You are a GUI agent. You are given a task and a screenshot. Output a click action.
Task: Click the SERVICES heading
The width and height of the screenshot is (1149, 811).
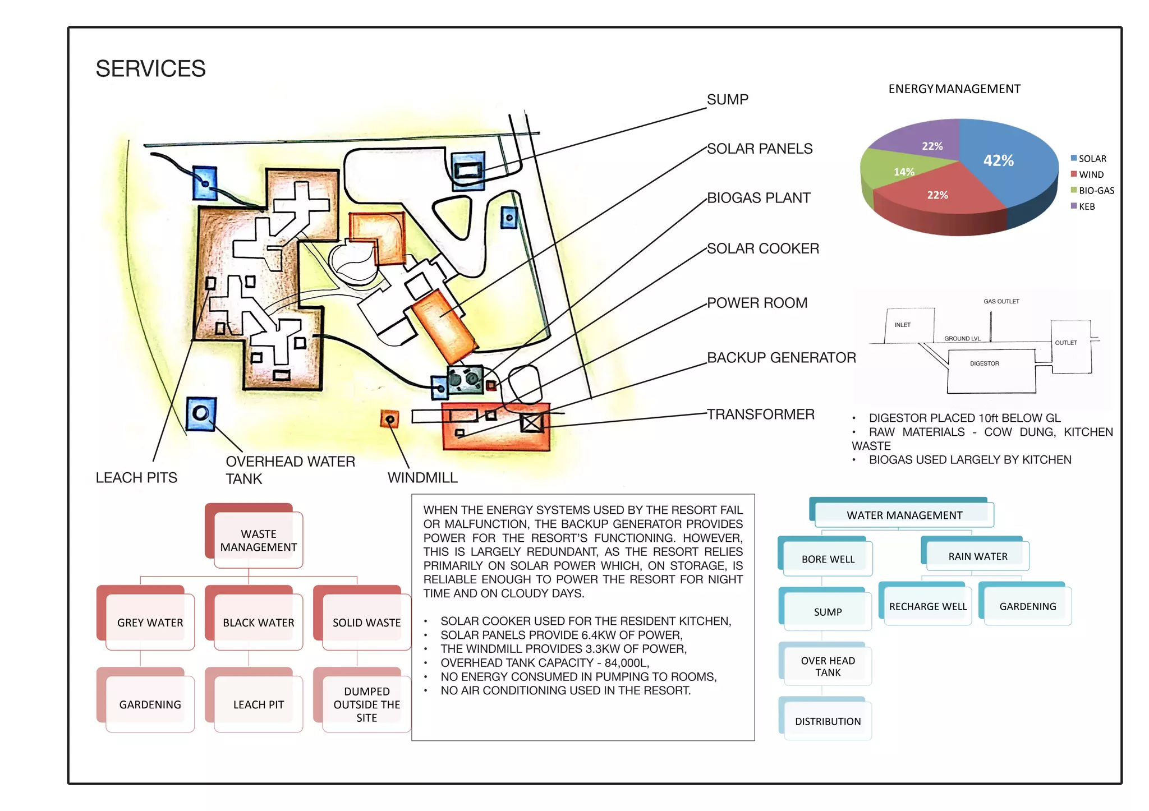(x=150, y=69)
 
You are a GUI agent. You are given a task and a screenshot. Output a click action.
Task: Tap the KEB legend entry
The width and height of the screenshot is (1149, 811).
(x=1086, y=206)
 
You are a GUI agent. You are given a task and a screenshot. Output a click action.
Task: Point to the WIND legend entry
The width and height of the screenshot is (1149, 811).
(x=1091, y=174)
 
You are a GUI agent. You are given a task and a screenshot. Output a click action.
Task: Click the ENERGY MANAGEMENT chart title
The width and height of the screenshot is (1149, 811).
(x=954, y=89)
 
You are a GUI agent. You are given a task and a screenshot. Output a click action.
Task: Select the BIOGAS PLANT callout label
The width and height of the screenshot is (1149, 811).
(x=758, y=198)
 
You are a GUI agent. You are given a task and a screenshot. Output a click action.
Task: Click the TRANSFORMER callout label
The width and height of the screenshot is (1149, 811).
(x=760, y=414)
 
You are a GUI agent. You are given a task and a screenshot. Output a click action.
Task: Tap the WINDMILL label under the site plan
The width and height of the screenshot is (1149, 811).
(x=422, y=478)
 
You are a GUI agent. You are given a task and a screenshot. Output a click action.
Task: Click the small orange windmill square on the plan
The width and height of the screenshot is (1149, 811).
(x=390, y=419)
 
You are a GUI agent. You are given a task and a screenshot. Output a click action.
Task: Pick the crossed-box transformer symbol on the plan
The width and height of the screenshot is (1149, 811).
(x=531, y=422)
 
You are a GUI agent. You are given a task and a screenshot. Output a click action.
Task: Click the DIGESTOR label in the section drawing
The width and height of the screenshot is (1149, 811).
(x=984, y=363)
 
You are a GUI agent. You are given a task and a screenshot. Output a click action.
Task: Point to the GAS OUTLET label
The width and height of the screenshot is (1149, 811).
(x=1001, y=301)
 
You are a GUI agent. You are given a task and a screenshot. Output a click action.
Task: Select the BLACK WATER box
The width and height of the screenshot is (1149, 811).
(x=258, y=622)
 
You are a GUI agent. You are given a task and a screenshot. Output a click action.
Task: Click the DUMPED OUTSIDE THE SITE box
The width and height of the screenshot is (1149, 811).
(x=366, y=704)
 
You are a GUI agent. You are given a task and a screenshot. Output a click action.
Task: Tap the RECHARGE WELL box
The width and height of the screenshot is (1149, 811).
(x=927, y=606)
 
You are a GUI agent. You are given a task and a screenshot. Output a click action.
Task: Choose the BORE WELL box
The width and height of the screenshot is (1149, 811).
(x=828, y=559)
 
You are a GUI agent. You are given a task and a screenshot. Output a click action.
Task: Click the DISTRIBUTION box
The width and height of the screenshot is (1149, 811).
(x=828, y=721)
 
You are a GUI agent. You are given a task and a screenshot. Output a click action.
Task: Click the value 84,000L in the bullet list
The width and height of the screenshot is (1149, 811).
(x=626, y=663)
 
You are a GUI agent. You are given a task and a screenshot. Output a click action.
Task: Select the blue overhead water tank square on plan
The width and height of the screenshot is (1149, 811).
(x=201, y=414)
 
